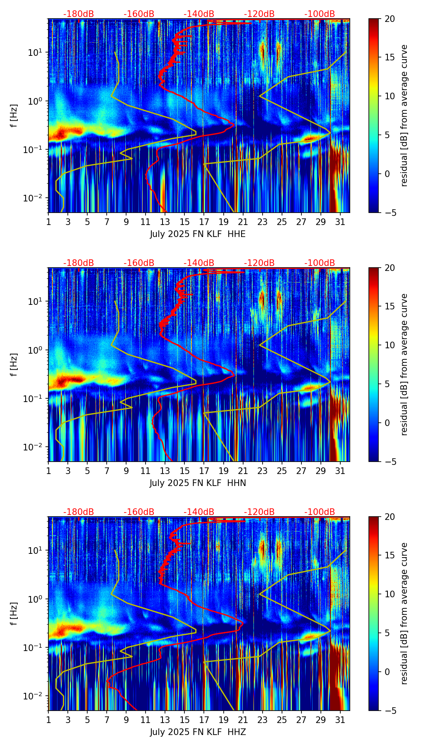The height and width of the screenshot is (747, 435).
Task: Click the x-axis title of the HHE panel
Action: pos(197,234)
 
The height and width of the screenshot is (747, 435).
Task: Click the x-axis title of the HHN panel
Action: pos(198,483)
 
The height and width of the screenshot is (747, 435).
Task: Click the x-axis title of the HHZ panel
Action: pos(198,732)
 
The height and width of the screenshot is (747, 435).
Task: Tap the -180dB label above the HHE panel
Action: pos(79,14)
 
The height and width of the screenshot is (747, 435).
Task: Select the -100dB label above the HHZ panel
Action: pos(320,512)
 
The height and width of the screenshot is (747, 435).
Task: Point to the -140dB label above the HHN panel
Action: pos(199,263)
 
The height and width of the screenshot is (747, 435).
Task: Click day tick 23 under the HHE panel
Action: pos(262,222)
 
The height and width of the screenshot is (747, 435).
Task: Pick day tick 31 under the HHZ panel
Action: pos(340,720)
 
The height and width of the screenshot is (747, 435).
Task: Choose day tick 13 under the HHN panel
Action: pos(165,471)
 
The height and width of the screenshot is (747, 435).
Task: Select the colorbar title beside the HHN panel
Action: pos(404,364)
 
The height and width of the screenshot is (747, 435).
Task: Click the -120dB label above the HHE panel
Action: pos(259,14)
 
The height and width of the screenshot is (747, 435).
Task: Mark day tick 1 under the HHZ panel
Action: pos(49,720)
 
